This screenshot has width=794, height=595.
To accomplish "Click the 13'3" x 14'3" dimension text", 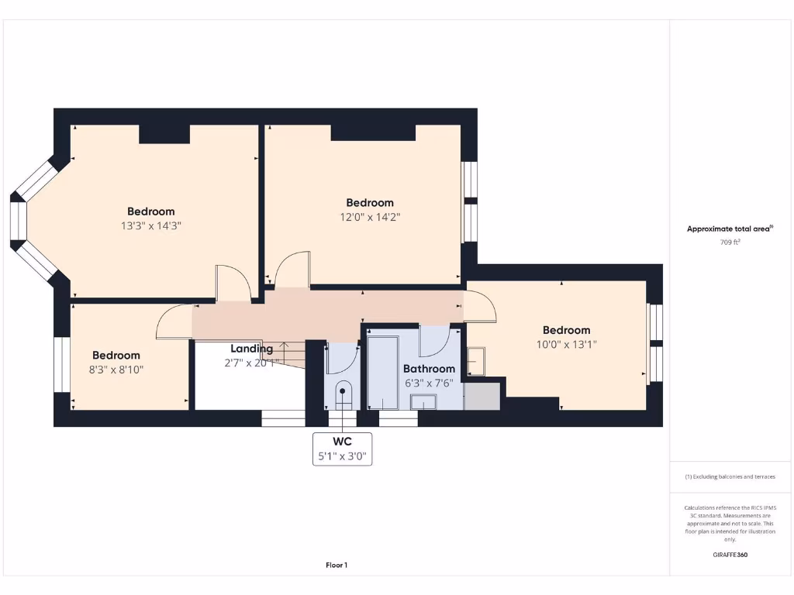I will (x=151, y=225).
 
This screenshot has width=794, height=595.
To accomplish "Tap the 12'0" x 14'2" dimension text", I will (x=370, y=217).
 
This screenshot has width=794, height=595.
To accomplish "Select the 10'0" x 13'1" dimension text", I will (x=566, y=344).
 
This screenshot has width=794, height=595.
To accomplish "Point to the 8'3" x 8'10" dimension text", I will (x=116, y=370).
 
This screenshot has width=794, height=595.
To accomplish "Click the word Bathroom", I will (x=429, y=369).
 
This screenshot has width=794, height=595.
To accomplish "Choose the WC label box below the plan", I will (x=342, y=449).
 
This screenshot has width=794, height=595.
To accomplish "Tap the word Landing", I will (x=251, y=349).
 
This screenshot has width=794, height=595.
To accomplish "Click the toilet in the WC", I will (x=342, y=395).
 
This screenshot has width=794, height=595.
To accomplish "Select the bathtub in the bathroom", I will (x=382, y=372).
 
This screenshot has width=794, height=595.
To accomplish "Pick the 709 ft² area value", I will (x=730, y=242).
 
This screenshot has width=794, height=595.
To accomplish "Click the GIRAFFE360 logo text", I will (x=730, y=555).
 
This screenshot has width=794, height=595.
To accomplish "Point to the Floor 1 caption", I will (x=337, y=566).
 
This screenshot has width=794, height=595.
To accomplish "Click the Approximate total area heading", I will (x=730, y=229).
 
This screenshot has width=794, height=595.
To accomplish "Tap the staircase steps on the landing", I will (x=290, y=355).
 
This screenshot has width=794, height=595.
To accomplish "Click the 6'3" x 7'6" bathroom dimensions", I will (x=429, y=383).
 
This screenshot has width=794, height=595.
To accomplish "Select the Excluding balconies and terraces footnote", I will (x=730, y=477).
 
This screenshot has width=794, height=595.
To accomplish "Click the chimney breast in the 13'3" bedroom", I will (x=164, y=134).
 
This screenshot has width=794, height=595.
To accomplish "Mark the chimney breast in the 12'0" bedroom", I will (x=373, y=132).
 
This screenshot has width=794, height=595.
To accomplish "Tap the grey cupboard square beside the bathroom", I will (x=482, y=395).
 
